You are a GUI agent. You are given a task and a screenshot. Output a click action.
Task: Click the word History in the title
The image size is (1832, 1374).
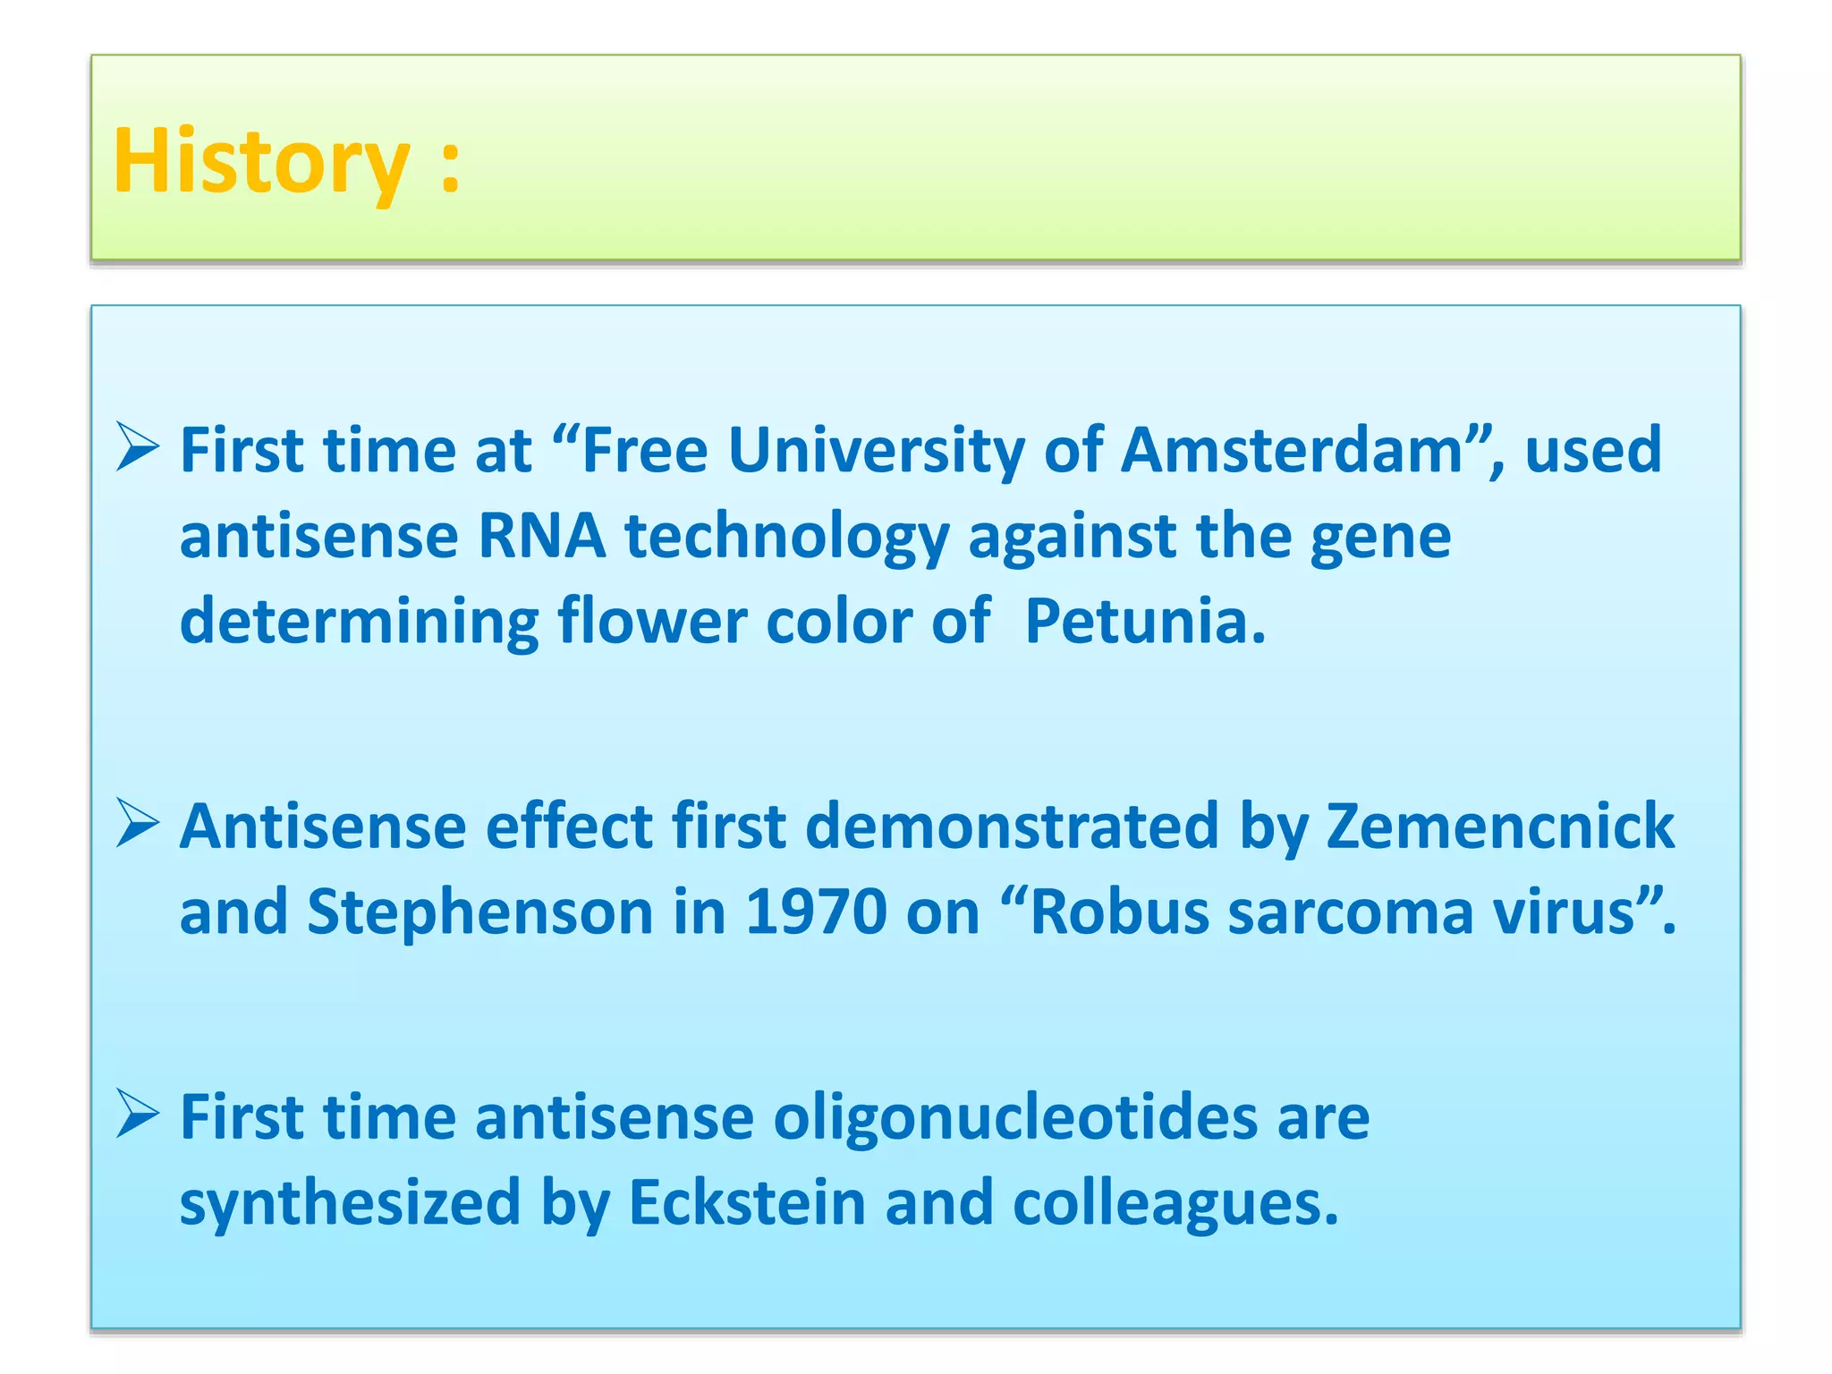tap(261, 162)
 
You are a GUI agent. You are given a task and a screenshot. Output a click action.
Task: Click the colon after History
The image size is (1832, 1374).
tap(451, 166)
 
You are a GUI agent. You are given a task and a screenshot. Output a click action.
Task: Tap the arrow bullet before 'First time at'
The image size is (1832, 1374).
tap(139, 448)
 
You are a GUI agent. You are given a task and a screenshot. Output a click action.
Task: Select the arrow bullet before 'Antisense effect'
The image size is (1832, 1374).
tap(139, 824)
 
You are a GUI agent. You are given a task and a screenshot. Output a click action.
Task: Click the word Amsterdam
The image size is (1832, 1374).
tap(1292, 450)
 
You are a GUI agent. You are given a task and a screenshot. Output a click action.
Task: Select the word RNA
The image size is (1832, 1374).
tap(542, 537)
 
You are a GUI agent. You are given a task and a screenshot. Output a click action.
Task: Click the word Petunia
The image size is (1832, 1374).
tap(1145, 621)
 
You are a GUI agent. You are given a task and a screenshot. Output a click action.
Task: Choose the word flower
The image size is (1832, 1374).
tap(653, 621)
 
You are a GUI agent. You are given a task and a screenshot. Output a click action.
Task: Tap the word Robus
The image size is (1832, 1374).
tap(1120, 912)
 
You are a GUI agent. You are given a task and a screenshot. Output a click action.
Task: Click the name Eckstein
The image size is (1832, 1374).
tap(747, 1202)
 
